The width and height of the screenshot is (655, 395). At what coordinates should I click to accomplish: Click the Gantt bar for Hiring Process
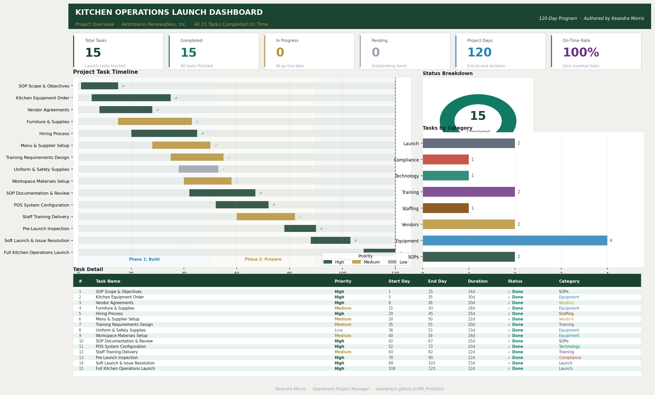click(164, 133)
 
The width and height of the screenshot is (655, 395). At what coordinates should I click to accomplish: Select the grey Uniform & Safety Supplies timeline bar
click(198, 169)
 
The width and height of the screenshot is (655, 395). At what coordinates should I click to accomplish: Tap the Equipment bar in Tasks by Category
click(515, 240)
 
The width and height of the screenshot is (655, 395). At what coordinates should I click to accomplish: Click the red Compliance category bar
click(445, 159)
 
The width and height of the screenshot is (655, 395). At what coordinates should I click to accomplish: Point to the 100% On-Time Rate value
click(581, 52)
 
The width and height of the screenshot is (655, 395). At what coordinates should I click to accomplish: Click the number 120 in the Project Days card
click(479, 52)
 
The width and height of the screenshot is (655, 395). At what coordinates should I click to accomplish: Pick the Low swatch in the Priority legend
click(392, 262)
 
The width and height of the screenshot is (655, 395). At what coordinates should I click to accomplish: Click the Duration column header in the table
click(478, 281)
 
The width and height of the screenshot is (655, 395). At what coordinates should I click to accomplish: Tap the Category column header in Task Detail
click(569, 281)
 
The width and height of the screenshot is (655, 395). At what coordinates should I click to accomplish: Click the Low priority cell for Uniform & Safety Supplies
click(339, 330)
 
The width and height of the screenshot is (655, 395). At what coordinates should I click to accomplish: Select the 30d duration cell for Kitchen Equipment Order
click(471, 297)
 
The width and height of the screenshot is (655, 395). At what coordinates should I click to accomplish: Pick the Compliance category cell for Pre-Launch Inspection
click(570, 357)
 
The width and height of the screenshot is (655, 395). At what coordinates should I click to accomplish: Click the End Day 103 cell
click(431, 363)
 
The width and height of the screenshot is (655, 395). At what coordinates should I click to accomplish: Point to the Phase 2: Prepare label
click(263, 259)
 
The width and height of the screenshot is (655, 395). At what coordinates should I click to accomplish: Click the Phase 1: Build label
click(144, 259)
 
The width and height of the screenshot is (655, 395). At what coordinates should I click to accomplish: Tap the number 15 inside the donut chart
click(478, 116)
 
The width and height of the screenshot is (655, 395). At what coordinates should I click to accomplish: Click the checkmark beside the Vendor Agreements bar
click(158, 110)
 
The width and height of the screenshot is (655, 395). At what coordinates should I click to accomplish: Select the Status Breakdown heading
click(447, 73)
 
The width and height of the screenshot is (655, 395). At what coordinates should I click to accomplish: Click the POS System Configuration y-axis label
click(41, 205)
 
